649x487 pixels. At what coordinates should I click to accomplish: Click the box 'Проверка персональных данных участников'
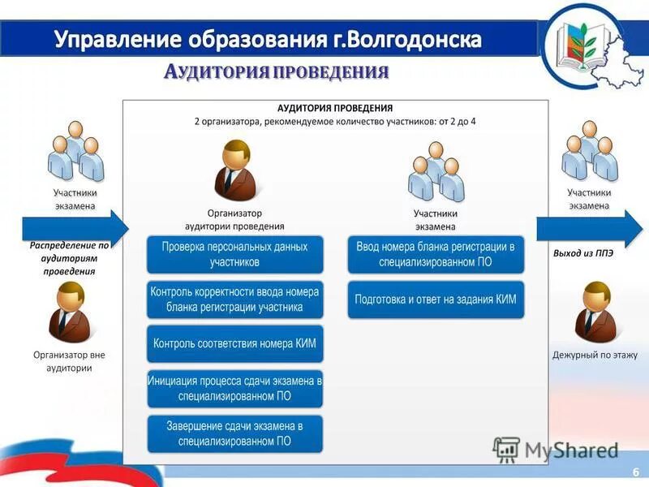(x=234, y=254)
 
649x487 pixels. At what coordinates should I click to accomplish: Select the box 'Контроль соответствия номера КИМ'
(x=234, y=343)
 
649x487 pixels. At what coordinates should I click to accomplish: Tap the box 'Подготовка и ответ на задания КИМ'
(x=436, y=299)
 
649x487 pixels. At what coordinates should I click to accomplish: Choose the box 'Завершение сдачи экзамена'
(x=234, y=433)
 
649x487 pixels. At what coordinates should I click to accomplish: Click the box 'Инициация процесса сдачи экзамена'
(x=234, y=389)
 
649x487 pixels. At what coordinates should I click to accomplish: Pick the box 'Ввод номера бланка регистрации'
(x=436, y=254)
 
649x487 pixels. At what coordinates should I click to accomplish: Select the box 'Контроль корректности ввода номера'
(x=234, y=299)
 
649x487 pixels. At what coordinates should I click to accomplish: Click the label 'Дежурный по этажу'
(x=595, y=355)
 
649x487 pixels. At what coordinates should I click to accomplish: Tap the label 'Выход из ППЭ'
(x=584, y=253)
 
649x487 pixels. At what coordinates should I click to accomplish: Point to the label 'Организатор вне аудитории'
(x=69, y=361)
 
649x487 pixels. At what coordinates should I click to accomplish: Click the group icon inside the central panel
(x=436, y=171)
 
